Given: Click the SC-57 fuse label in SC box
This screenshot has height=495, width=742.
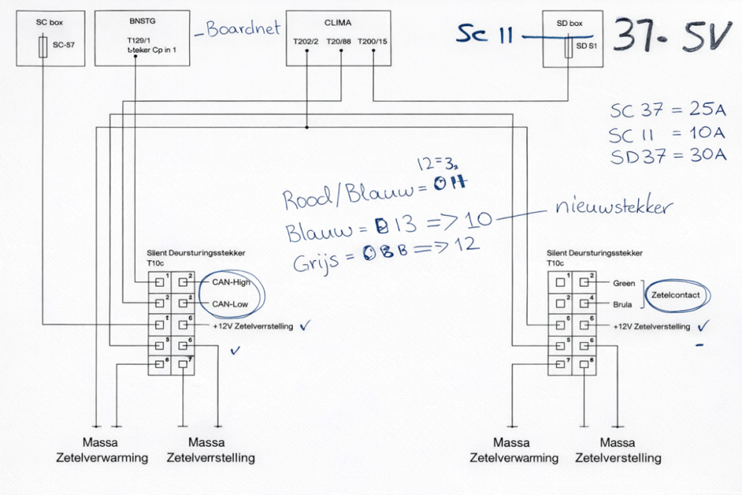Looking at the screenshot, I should [x=64, y=45].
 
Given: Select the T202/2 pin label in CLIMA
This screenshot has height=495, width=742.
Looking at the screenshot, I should [x=306, y=41].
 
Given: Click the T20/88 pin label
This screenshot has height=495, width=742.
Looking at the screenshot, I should [x=339, y=41].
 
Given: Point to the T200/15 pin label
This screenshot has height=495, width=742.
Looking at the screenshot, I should [x=372, y=41].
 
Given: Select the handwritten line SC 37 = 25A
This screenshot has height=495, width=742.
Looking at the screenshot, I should [x=668, y=111].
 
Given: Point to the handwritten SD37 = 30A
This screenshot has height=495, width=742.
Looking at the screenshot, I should [x=669, y=155].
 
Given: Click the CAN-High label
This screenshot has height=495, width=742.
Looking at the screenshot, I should [x=231, y=282].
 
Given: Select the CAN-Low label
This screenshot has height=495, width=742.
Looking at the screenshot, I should [x=230, y=304].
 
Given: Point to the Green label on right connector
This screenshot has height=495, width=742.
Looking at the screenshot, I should [x=624, y=283].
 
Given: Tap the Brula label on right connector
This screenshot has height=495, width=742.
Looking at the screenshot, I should [x=623, y=304].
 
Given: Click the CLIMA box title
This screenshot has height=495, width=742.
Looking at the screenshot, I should [x=338, y=22].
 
